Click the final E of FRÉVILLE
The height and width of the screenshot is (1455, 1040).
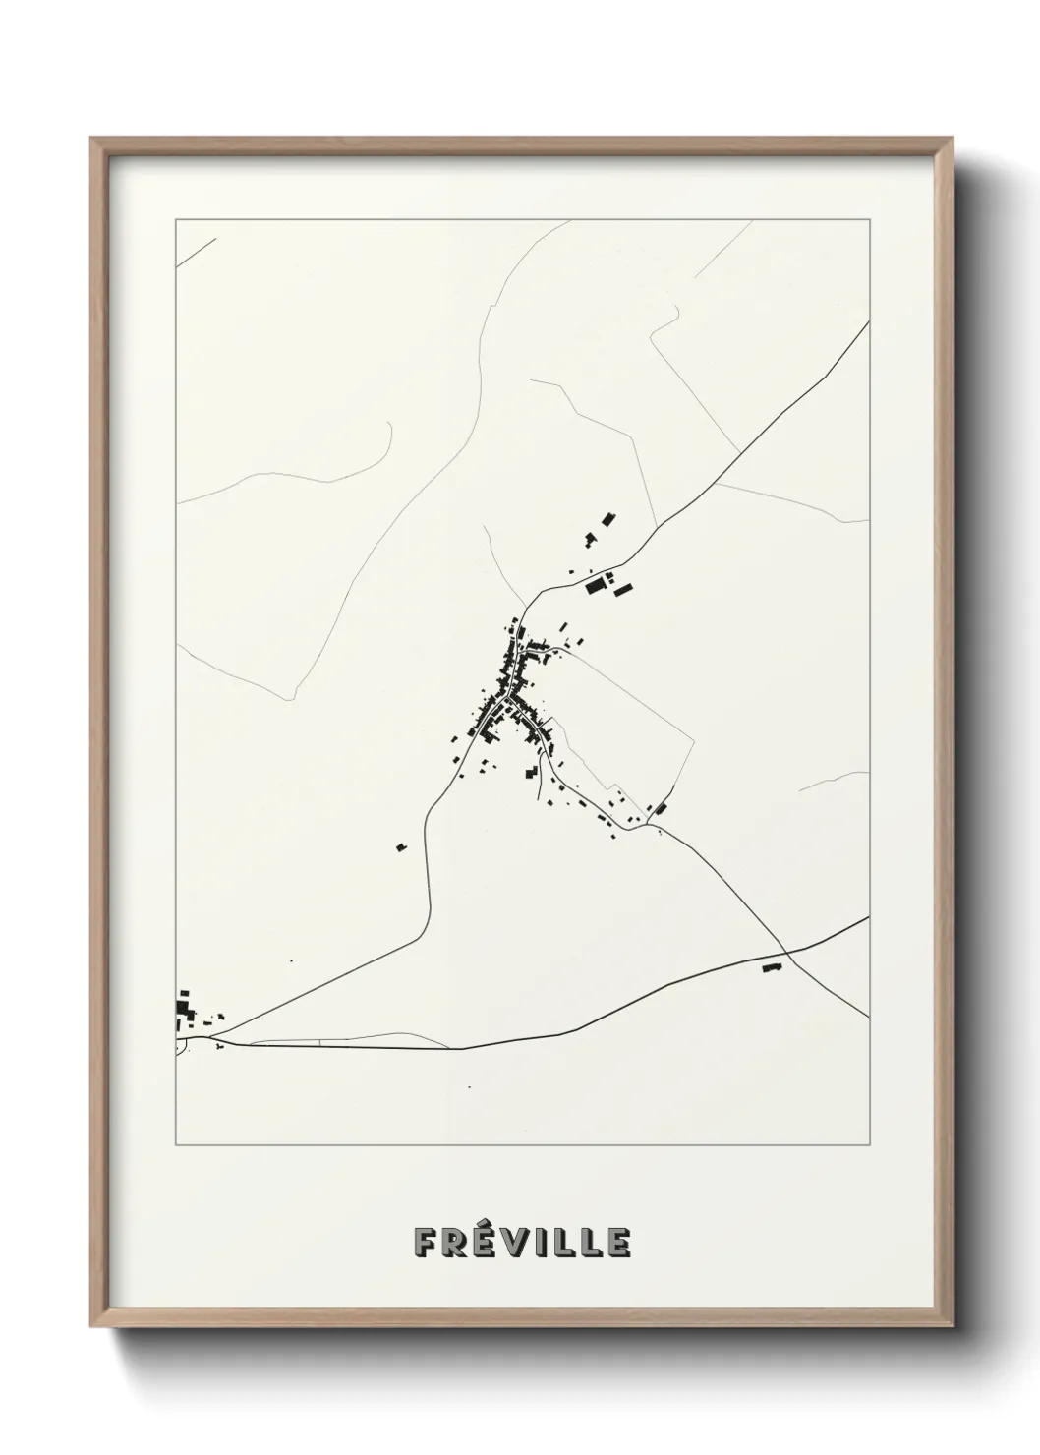click(x=619, y=1243)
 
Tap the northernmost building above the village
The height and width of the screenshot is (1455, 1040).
click(x=608, y=517)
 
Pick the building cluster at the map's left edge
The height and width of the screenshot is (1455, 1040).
click(x=184, y=1009)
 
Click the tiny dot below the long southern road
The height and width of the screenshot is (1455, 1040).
click(x=469, y=1086)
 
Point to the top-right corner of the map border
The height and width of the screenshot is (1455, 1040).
click(x=869, y=220)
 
